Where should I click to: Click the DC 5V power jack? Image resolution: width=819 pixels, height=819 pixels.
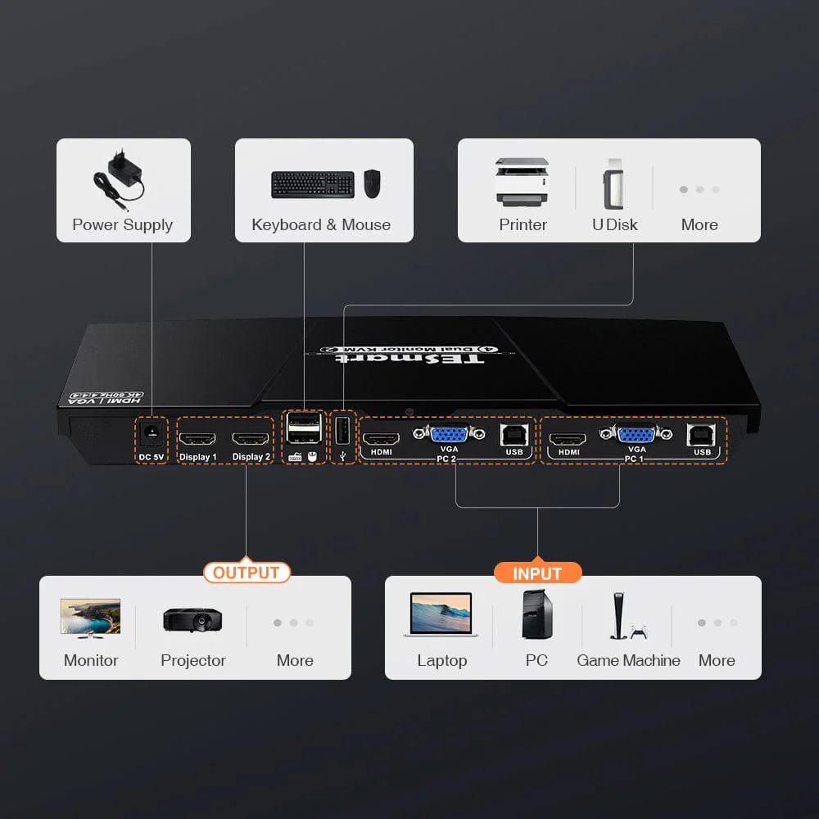[x=151, y=432]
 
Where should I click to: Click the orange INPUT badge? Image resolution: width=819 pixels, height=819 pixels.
[x=537, y=573]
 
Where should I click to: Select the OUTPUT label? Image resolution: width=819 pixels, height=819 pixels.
[x=247, y=572]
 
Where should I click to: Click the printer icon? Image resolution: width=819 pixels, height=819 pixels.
[x=523, y=183]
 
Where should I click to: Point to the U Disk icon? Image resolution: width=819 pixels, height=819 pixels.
[x=614, y=184]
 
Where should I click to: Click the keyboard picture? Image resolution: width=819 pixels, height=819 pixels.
[x=313, y=184]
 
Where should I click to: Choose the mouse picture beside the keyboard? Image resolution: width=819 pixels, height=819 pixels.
[x=373, y=183]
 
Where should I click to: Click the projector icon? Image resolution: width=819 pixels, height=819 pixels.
[x=192, y=619]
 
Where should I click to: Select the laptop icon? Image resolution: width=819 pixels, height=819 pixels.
[x=441, y=616]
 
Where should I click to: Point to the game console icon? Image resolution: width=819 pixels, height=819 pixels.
[x=628, y=616]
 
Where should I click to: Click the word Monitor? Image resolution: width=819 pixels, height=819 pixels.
[x=91, y=660]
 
